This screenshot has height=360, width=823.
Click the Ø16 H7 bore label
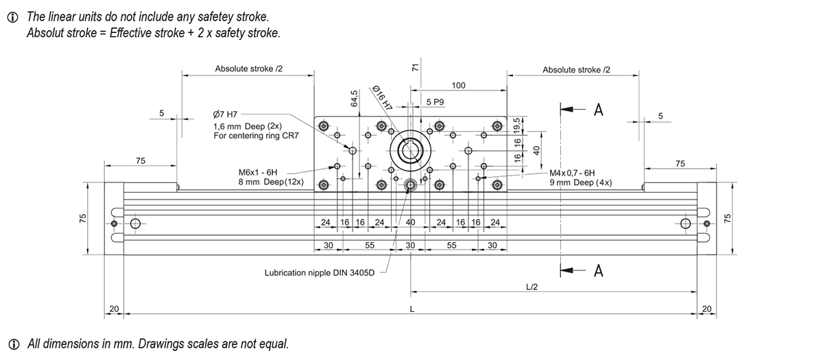pyautogui.click(x=382, y=98)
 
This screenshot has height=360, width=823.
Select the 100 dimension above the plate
pyautogui.click(x=459, y=85)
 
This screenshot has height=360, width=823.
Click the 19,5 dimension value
pyautogui.click(x=518, y=125)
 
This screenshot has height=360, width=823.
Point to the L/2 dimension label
pyautogui.click(x=531, y=287)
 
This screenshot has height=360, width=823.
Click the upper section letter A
pyautogui.click(x=598, y=110)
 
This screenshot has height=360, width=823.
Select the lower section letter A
pyautogui.click(x=598, y=272)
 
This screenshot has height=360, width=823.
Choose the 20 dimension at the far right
pyautogui.click(x=707, y=309)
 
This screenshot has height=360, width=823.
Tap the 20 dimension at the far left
pyautogui.click(x=113, y=309)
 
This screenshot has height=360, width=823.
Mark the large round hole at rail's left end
pyautogui.click(x=134, y=224)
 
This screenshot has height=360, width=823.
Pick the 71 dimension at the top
pyautogui.click(x=415, y=67)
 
